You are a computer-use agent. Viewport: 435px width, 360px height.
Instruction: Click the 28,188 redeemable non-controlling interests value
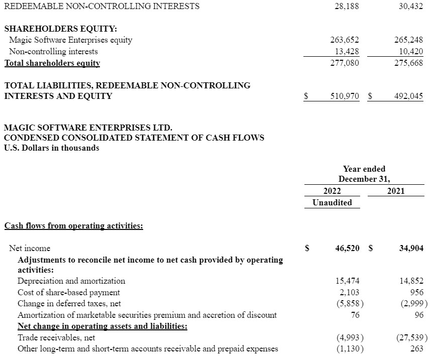[347, 7]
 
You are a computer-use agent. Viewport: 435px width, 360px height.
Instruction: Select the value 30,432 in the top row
[410, 7]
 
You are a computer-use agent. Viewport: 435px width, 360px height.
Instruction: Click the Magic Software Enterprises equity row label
[71, 40]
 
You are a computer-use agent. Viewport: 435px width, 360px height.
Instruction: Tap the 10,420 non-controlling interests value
[410, 51]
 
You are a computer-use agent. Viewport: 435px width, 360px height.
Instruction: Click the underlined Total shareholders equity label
[52, 63]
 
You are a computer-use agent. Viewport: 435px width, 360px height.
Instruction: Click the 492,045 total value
[409, 96]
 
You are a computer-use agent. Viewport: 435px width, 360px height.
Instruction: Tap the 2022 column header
[332, 191]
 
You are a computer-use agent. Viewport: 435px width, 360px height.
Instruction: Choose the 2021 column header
[396, 191]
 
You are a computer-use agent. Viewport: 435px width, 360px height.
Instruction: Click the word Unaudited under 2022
[332, 202]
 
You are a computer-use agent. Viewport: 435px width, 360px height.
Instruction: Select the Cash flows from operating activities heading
[74, 226]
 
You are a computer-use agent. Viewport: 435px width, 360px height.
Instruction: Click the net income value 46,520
[347, 248]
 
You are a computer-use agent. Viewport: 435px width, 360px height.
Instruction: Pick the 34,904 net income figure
[411, 248]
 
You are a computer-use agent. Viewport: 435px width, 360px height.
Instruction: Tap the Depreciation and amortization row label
[71, 281]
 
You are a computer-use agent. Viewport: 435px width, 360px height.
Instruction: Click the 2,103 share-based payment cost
[349, 292]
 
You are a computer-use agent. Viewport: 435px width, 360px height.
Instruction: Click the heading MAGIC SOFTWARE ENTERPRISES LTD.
[88, 128]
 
